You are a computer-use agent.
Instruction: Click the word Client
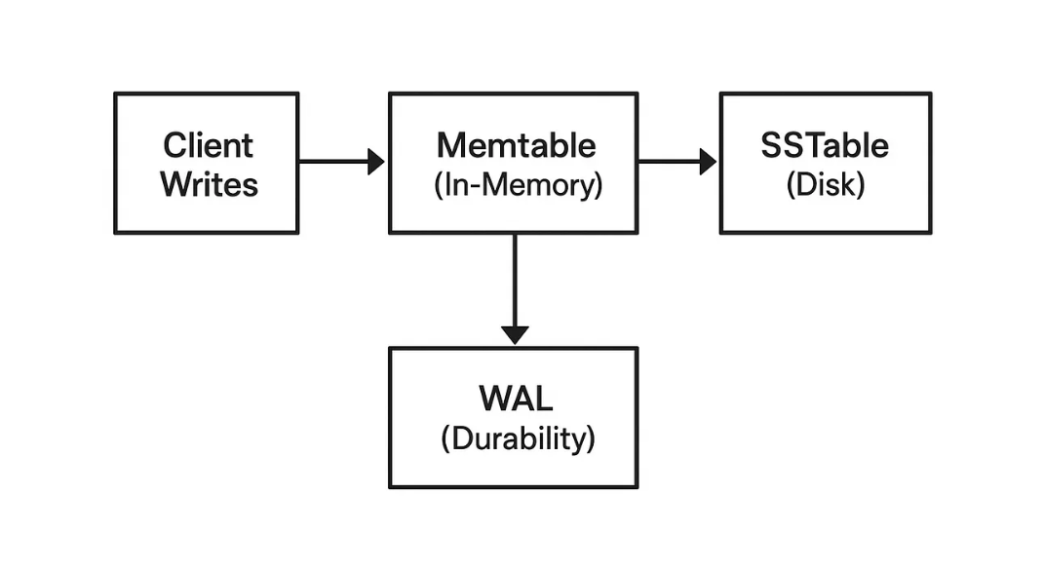point(208,145)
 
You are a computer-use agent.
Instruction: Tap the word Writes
point(209,184)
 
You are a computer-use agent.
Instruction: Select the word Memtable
point(516,145)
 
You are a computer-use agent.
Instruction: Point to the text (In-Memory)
point(518,185)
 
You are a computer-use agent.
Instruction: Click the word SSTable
point(825,145)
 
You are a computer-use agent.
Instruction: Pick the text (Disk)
point(826,185)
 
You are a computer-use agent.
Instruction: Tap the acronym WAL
point(516,399)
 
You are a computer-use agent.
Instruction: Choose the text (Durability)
point(518,438)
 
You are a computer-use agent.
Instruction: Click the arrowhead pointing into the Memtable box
point(376,161)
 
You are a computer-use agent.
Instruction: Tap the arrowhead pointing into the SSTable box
point(708,161)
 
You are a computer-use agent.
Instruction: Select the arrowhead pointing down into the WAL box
point(515,335)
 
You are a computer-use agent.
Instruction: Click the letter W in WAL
point(496,399)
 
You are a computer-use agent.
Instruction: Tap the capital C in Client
point(174,145)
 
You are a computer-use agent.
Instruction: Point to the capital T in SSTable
point(814,145)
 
